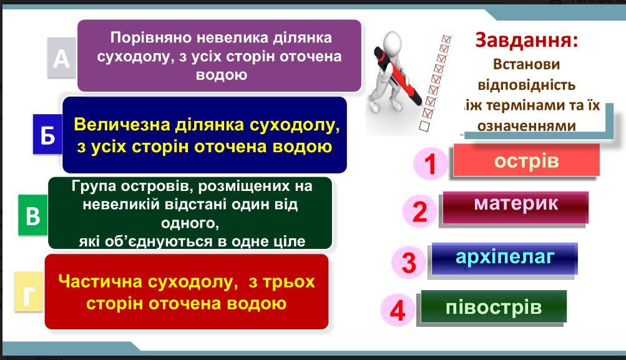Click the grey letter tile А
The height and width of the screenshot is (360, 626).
point(62,57)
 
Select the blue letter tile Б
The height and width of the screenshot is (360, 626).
point(47,134)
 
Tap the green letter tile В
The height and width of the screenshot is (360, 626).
point(33,215)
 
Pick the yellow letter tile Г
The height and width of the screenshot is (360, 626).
point(29,292)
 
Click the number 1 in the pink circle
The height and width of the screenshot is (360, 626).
point(430,163)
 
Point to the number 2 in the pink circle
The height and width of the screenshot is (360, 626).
point(419,211)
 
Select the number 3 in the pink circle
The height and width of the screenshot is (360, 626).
point(409,262)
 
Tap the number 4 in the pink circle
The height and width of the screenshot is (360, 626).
point(398,311)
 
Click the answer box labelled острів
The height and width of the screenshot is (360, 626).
point(526,160)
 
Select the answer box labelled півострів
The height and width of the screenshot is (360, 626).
point(494,306)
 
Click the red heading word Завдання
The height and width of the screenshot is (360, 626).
point(527,41)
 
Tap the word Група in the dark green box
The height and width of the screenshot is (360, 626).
point(94,187)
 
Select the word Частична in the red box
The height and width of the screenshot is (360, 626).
point(100,282)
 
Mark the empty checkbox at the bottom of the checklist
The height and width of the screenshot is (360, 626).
point(424,126)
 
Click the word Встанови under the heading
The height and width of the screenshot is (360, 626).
point(527,64)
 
